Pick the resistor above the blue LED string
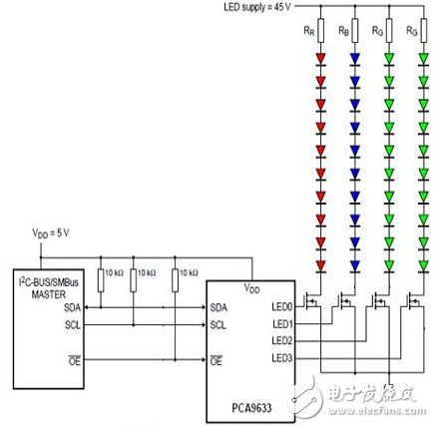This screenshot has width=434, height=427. (x=354, y=32)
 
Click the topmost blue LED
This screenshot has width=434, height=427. (x=354, y=57)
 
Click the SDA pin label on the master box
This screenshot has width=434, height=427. (x=73, y=308)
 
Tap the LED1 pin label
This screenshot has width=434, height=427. (x=282, y=324)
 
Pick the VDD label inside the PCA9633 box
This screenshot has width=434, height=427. (x=250, y=289)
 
